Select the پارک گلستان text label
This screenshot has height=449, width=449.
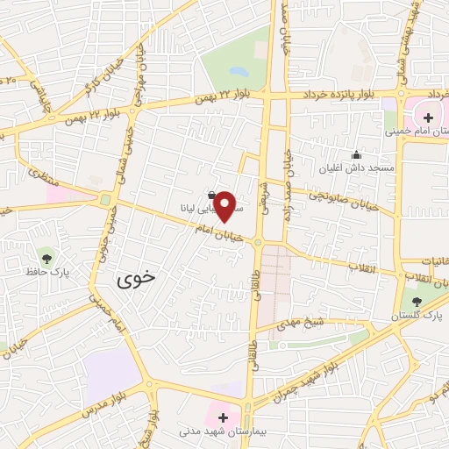(x=424, y=315)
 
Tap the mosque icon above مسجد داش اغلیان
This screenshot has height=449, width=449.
(x=355, y=153)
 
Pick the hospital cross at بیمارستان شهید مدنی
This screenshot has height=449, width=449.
(x=223, y=417)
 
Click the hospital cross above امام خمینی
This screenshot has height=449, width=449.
(x=429, y=117)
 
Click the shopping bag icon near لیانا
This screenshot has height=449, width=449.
(x=212, y=195)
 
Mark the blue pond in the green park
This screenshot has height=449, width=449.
(x=238, y=70)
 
